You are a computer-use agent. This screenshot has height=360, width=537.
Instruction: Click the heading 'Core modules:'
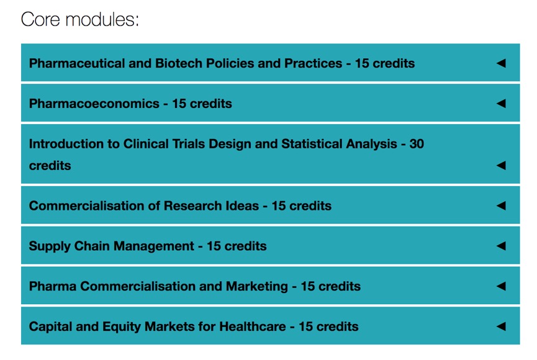tap(80, 19)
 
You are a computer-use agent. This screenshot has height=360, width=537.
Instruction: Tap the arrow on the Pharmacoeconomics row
tap(501, 103)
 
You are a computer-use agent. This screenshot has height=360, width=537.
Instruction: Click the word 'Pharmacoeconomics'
tap(94, 104)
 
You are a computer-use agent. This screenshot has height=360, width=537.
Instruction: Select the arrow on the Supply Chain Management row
tap(501, 246)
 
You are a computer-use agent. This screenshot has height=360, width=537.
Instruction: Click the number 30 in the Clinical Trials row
tap(417, 144)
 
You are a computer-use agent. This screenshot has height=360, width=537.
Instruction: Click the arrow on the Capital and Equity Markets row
tap(501, 326)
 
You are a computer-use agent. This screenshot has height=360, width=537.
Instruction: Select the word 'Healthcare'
tap(253, 326)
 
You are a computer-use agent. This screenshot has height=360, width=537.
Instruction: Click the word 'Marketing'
tap(257, 286)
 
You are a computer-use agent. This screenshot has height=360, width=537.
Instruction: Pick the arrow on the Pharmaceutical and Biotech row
tap(501, 63)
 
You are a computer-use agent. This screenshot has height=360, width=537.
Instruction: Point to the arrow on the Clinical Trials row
tap(501, 166)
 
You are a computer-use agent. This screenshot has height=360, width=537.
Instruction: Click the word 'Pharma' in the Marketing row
tap(53, 286)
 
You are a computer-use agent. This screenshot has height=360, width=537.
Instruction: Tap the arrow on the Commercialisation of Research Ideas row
tap(501, 205)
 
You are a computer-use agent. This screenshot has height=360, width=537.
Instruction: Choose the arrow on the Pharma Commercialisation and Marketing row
tap(501, 286)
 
